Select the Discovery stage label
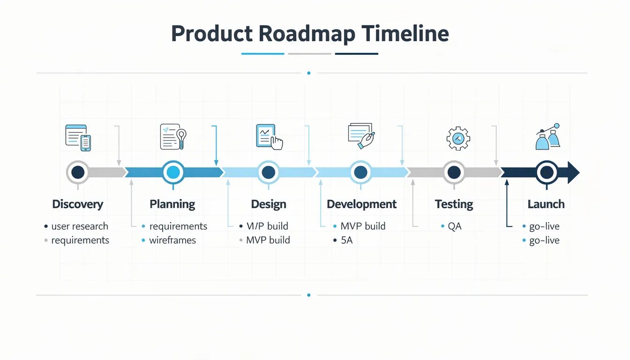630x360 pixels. pos(78,204)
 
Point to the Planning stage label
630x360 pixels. pos(172,204)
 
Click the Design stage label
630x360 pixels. pos(269,204)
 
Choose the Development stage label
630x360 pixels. pos(361,204)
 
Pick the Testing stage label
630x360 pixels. pos(454,204)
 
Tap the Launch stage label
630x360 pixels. pos(546,204)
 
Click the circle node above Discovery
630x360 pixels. pos(78,172)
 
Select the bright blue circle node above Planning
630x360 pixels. pos(173,172)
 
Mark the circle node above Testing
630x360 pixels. pos(454,172)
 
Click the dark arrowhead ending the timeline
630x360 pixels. pos(573,172)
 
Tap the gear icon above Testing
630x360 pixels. pos(458,138)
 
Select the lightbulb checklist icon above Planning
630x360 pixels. pos(173,136)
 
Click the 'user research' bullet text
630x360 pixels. pos(80,226)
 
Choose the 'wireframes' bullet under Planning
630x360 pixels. pos(172,240)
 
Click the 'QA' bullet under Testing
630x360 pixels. pos(455,226)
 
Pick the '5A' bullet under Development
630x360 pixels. pos(346,240)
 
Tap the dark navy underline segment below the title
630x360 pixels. pos(356,54)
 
